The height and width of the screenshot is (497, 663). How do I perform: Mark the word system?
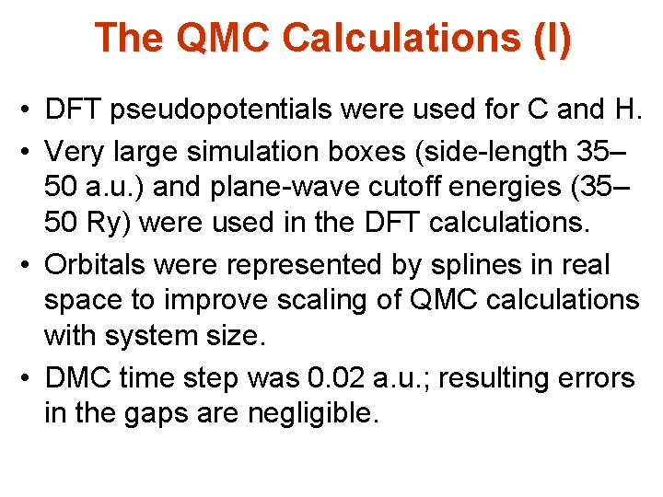coord(155,338)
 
